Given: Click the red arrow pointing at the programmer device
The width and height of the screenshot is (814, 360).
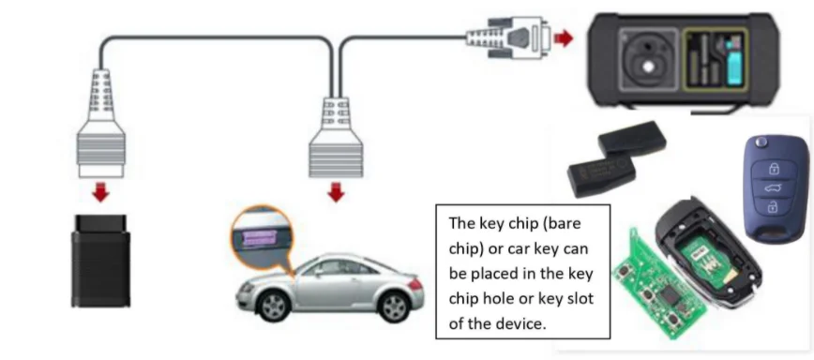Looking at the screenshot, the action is (564, 37).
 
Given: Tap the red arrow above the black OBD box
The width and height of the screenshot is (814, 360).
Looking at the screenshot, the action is (100, 193).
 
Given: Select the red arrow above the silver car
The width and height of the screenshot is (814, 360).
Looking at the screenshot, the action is (336, 192).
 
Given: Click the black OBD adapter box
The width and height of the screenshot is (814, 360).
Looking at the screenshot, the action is (100, 261).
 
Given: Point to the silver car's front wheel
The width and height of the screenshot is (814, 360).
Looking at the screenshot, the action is (273, 306).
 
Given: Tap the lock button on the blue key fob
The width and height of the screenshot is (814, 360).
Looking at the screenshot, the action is (774, 169).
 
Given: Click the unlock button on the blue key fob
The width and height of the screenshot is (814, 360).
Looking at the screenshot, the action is (773, 206).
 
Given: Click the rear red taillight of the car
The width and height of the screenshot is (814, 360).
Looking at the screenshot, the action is (415, 283).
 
